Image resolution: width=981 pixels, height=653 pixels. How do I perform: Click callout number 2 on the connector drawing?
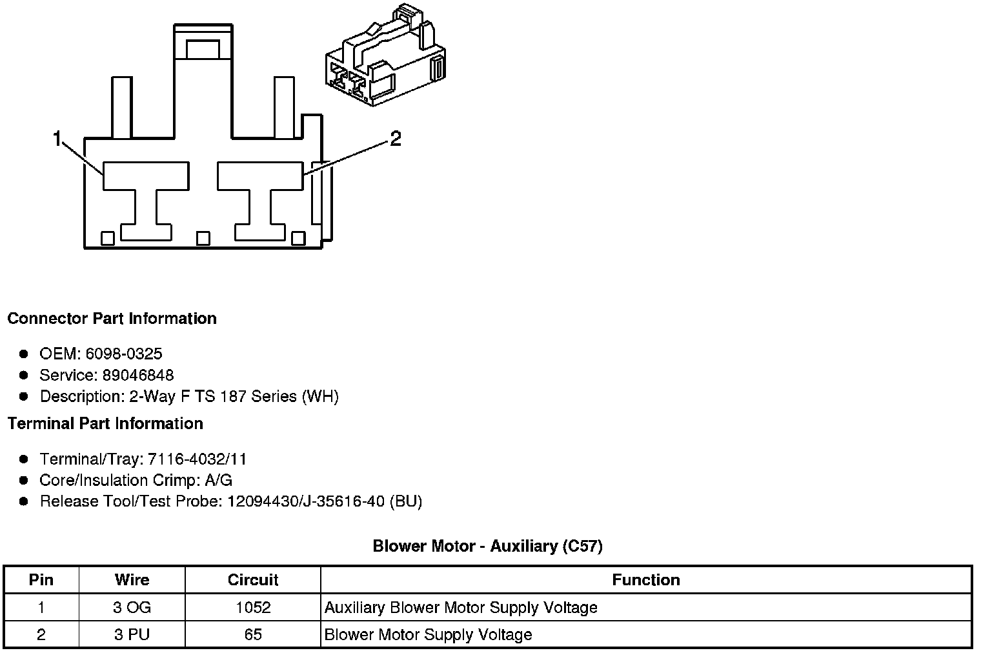[395, 138]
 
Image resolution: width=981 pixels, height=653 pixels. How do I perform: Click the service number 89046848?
[138, 375]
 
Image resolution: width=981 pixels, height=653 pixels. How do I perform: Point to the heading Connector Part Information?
[112, 319]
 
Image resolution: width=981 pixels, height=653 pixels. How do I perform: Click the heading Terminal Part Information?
[105, 423]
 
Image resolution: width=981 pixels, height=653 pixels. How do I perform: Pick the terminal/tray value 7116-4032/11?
[197, 459]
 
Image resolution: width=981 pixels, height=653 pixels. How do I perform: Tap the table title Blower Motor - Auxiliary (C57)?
[487, 546]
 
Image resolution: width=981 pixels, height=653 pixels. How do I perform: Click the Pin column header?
[41, 579]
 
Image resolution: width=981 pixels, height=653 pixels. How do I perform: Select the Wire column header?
[132, 579]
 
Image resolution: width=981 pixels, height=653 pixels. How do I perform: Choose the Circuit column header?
[252, 579]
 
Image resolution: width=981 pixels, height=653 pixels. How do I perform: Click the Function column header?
[645, 579]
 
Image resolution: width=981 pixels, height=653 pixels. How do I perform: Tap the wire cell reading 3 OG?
[132, 607]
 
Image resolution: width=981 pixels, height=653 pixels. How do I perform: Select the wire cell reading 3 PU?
[132, 634]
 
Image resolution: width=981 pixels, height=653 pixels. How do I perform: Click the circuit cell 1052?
[252, 607]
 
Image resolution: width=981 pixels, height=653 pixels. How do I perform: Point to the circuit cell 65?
[252, 634]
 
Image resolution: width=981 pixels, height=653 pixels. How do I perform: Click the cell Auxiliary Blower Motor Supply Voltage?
[461, 607]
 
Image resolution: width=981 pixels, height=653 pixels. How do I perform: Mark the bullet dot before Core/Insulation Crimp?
[24, 480]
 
